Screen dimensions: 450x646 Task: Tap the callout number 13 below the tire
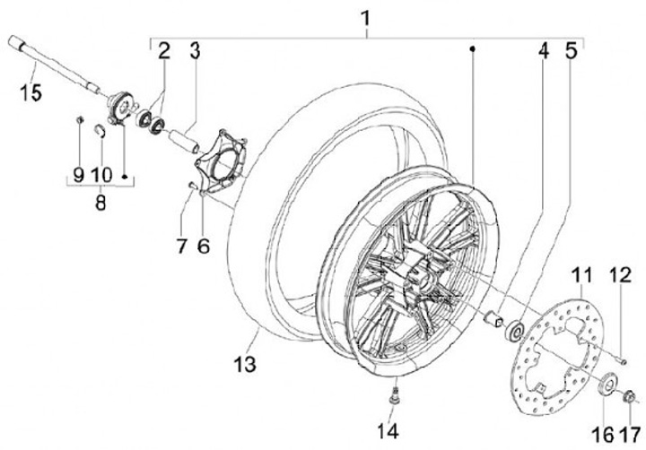[x=244, y=365]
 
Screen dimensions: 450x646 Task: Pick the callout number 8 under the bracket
[x=100, y=203]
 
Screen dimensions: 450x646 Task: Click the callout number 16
[x=603, y=435]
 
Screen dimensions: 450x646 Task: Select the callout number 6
[x=203, y=245]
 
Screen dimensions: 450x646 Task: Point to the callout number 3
[x=195, y=50]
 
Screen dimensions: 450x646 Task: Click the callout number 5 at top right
[x=571, y=51]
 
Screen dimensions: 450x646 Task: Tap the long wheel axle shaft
[x=54, y=62]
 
